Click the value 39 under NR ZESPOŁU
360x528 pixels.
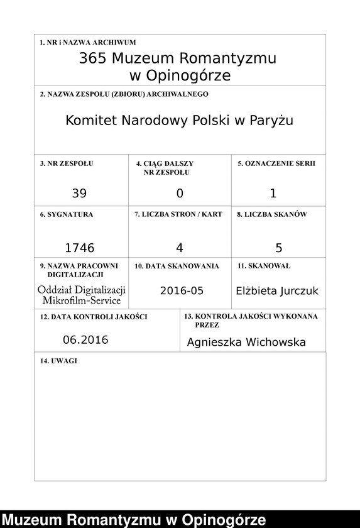point(79,194)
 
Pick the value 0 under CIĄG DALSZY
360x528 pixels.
point(180,194)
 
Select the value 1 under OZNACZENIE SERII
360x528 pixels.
point(273,194)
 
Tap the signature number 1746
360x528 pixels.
point(80,248)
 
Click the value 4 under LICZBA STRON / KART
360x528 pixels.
point(180,248)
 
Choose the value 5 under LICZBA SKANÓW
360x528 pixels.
point(279,248)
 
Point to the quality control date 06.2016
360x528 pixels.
point(85,340)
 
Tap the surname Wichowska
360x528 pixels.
point(277,343)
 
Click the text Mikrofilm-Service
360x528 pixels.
point(82,300)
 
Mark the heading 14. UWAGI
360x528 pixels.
point(58,361)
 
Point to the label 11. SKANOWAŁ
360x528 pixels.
point(264,266)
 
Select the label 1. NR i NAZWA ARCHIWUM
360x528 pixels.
point(87,43)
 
